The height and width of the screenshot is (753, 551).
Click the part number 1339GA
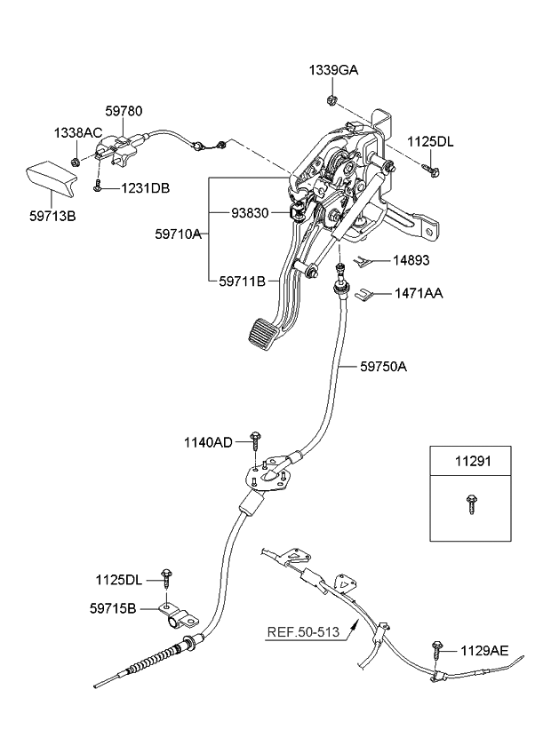pos(333,70)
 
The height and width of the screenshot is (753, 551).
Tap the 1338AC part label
pos(78,132)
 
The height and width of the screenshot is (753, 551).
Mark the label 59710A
pos(181,235)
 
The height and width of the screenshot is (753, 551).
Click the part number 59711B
pos(242,281)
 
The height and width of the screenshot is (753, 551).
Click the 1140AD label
pos(208,441)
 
